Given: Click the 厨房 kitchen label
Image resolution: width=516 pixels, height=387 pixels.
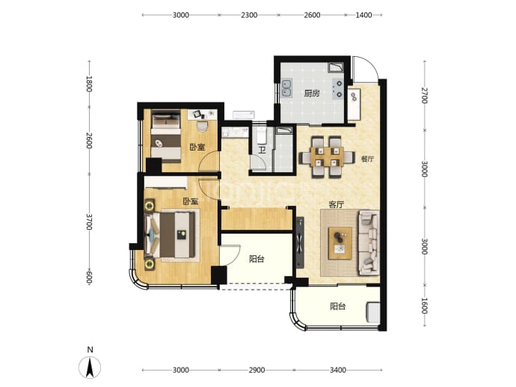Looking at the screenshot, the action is pos(312,94).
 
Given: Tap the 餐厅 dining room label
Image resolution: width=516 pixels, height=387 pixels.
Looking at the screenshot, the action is pos(367,159).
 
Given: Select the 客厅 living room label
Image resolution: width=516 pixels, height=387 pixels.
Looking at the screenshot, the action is pos(337,205).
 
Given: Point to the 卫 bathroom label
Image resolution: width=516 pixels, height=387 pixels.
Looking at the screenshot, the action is pos(262,150).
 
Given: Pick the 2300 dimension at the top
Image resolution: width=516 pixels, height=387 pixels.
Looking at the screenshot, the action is pos(249,15).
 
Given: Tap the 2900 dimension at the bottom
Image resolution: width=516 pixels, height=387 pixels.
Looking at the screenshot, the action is pos(257,371).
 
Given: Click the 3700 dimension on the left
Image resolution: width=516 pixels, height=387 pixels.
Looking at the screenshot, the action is pos(89,222).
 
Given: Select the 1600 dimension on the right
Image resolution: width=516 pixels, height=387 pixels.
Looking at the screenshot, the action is pos(425,306).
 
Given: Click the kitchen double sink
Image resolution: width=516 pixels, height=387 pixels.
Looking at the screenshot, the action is pos(286,88).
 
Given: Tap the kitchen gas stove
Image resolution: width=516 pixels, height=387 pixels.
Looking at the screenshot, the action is pos(338,89).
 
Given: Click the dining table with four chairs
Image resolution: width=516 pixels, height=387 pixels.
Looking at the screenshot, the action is pos(327,157).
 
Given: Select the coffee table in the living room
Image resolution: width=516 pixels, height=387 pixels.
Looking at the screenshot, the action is pos(340,243).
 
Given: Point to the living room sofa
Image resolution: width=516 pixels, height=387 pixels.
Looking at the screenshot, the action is pos(368,243).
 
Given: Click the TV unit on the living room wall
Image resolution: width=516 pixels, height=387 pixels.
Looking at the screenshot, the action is pos(300,243).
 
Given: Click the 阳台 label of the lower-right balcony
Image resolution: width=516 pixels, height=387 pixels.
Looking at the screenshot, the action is pos(338,307).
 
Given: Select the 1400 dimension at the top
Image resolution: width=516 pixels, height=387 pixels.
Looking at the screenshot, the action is pos(363,15).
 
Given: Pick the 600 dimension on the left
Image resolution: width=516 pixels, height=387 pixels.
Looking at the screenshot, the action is pos(89,277).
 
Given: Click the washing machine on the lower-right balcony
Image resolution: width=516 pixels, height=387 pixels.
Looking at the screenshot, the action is pos(373,313).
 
